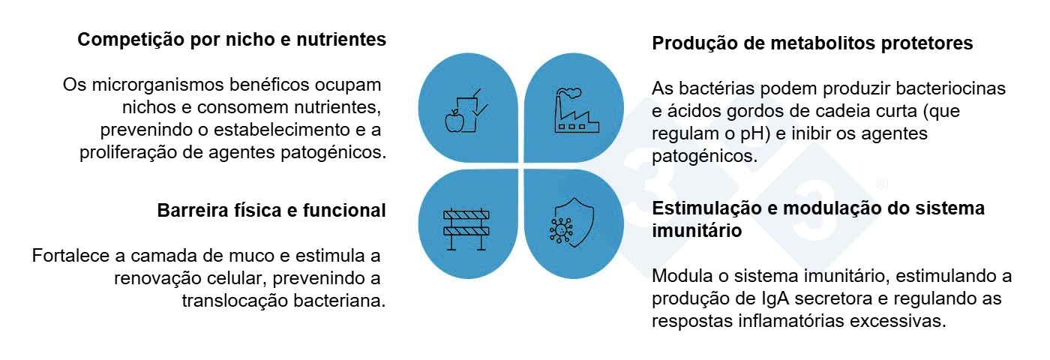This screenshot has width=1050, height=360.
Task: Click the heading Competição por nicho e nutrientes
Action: pyautogui.click(x=232, y=40)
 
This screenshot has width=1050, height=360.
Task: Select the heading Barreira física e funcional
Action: pyautogui.click(x=271, y=211)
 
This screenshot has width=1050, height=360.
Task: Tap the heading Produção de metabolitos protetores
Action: pyautogui.click(x=812, y=43)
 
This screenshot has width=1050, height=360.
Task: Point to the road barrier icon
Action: pyautogui.click(x=466, y=224)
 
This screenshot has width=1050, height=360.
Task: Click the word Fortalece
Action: pyautogui.click(x=71, y=256)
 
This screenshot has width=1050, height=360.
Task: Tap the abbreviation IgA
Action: pyautogui.click(x=775, y=298)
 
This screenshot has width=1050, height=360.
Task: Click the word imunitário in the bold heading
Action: pyautogui.click(x=697, y=231)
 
